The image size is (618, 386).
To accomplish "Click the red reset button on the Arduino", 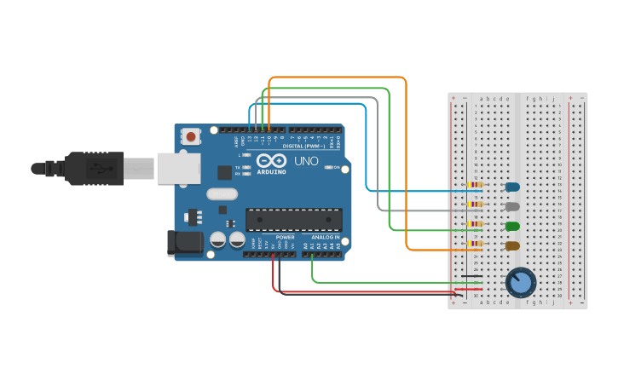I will click(x=191, y=136).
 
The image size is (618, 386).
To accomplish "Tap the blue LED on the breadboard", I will click(x=512, y=187).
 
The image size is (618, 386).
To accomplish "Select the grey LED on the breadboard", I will click(x=512, y=206).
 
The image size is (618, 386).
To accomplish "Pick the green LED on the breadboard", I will click(x=512, y=226).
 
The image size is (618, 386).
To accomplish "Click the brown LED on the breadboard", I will click(x=512, y=245).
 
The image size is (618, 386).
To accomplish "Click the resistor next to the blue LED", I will click(x=475, y=185).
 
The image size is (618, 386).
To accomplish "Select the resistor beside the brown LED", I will click(x=475, y=244).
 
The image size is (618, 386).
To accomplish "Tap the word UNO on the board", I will click(x=306, y=161).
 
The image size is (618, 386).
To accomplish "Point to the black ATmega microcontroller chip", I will click(x=293, y=219).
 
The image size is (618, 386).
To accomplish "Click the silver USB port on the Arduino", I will click(x=176, y=169).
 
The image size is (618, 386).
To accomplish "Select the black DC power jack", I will click(x=185, y=244).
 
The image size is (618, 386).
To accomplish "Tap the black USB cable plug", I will click(x=94, y=169).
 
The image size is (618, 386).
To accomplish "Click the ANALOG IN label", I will click(x=326, y=237).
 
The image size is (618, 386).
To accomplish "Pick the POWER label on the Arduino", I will click(x=285, y=237).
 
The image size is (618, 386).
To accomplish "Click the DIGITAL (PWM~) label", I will click(x=303, y=146).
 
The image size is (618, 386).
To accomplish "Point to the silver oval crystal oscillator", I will click(x=222, y=194).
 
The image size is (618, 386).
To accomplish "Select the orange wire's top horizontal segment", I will click(x=337, y=78).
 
